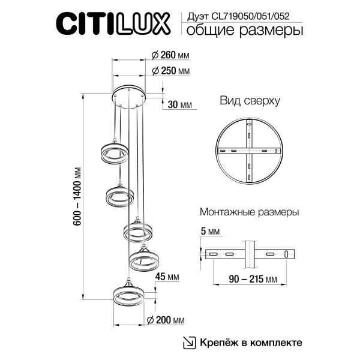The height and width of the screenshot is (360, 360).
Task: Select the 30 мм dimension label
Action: point(179,104)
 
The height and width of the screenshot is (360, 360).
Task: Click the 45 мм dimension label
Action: point(168,277)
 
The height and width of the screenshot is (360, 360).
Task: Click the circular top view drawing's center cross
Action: point(248,150)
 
